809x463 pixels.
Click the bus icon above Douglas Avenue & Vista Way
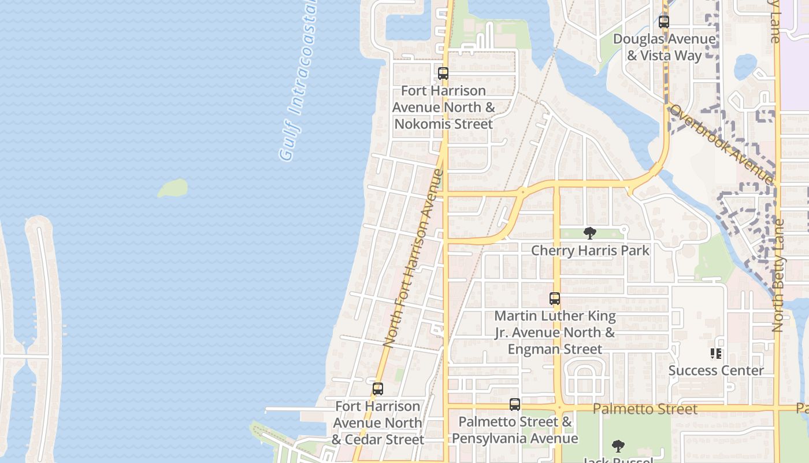(x=664, y=23)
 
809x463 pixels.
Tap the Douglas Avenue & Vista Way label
(x=664, y=47)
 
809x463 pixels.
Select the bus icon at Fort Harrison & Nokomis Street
(x=443, y=74)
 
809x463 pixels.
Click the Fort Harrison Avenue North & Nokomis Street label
(x=443, y=107)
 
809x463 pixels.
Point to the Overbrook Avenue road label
(x=721, y=143)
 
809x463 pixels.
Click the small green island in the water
(x=173, y=188)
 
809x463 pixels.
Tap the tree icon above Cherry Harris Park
(x=589, y=233)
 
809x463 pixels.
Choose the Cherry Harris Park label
(x=589, y=251)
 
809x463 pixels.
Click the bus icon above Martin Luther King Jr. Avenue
(x=555, y=299)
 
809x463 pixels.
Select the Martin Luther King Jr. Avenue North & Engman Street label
(x=555, y=333)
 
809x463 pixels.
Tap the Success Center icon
(x=716, y=353)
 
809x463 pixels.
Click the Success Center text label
(x=716, y=370)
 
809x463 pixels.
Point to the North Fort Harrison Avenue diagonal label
(x=413, y=258)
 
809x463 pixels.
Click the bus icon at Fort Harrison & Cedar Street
(x=378, y=389)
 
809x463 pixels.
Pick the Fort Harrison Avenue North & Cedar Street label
(x=378, y=423)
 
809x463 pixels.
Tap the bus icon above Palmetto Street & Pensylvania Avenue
(x=515, y=405)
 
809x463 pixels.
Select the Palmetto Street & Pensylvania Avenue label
(x=515, y=430)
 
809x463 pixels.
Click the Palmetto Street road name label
(x=645, y=409)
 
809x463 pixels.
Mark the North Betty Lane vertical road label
(x=777, y=275)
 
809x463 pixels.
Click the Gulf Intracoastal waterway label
(x=299, y=81)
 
